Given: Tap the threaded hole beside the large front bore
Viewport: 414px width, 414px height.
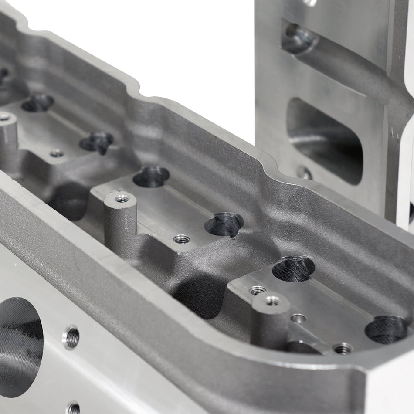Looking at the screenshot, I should (x=71, y=337).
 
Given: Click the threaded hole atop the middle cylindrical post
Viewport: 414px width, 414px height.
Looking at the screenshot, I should (x=122, y=199).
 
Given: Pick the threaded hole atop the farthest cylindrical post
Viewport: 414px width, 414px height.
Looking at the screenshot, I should (x=5, y=117).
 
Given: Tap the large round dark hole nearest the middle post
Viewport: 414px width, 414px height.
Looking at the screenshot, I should (x=151, y=176).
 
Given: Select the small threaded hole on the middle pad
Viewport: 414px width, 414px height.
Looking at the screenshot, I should (x=181, y=239).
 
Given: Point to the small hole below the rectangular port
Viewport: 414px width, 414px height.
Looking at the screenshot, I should (x=305, y=173).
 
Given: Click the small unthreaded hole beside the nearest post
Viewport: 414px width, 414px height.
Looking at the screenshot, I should (x=298, y=318).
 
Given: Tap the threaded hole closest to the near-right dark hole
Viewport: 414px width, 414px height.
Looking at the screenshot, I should (x=343, y=348).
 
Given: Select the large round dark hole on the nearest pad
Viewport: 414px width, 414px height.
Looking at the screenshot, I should (x=293, y=268).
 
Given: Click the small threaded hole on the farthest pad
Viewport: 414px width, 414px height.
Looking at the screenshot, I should (x=56, y=153).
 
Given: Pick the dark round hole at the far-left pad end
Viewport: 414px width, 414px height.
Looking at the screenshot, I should (x=37, y=103).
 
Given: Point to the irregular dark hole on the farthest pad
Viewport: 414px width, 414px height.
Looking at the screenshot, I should (x=96, y=141).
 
